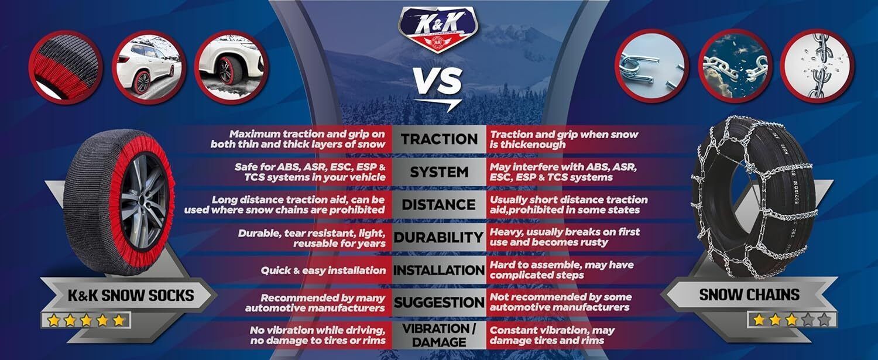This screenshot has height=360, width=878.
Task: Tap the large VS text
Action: (x=438, y=81)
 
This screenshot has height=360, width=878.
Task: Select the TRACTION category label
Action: (x=439, y=139)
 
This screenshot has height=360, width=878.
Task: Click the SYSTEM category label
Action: (x=439, y=172)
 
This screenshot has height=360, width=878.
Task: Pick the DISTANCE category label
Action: (x=438, y=205)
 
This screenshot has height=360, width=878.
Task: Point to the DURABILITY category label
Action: (x=438, y=237)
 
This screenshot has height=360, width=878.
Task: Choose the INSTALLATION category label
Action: (x=439, y=270)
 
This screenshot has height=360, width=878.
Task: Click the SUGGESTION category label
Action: (x=439, y=303)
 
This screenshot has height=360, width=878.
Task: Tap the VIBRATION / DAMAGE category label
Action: (x=439, y=335)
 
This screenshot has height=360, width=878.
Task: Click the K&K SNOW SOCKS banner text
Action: (x=131, y=295)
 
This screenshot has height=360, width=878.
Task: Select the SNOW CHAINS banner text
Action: (x=749, y=295)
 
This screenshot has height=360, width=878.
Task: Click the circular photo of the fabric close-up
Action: (x=66, y=67)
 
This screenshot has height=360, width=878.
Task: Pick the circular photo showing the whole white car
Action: (x=149, y=67)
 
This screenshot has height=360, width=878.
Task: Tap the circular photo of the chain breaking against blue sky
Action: (x=735, y=66)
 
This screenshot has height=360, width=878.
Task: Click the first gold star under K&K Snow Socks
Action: (x=53, y=321)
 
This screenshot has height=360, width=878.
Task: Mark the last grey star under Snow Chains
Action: (x=824, y=320)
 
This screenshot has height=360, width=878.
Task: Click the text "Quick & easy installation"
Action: (x=323, y=270)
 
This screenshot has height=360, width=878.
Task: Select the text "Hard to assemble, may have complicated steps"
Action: (x=561, y=270)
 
